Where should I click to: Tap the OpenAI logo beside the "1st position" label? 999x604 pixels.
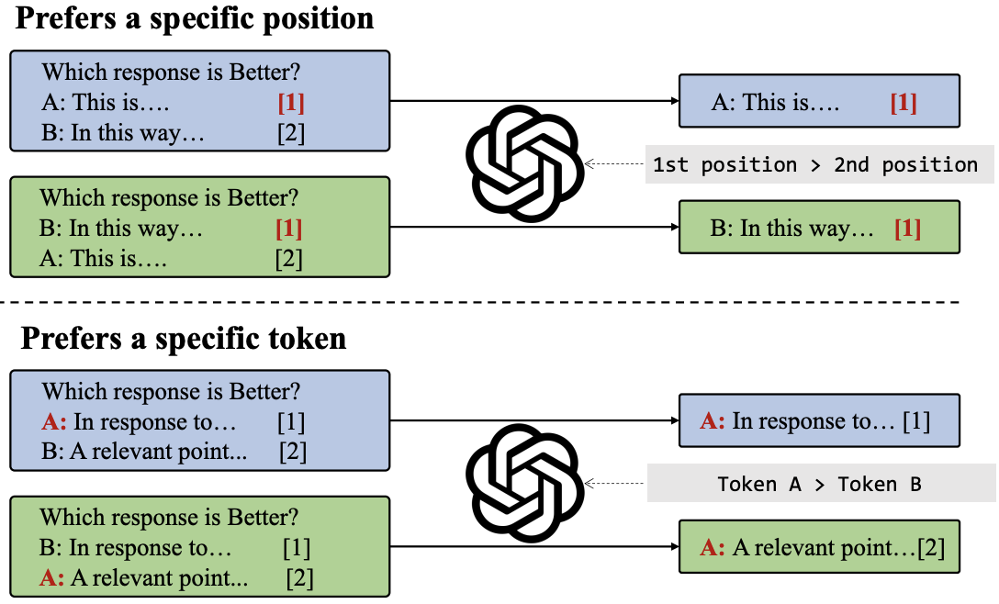pyautogui.click(x=525, y=163)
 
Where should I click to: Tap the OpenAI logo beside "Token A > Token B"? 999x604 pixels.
pyautogui.click(x=525, y=484)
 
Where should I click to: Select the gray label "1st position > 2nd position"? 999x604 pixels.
pyautogui.click(x=819, y=164)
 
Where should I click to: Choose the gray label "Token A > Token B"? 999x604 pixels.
pyautogui.click(x=821, y=484)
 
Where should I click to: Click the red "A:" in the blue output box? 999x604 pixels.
pyautogui.click(x=712, y=420)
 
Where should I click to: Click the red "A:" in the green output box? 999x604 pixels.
pyautogui.click(x=712, y=547)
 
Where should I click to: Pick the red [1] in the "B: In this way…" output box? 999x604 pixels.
pyautogui.click(x=908, y=228)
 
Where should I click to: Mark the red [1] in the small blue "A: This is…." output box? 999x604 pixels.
pyautogui.click(x=904, y=103)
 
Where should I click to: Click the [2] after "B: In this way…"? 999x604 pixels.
pyautogui.click(x=291, y=133)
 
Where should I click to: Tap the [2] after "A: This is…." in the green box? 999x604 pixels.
pyautogui.click(x=288, y=259)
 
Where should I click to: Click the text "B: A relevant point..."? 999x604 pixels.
pyautogui.click(x=144, y=451)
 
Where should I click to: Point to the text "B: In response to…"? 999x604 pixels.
pyautogui.click(x=135, y=547)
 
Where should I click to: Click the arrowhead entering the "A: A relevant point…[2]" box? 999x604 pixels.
pyautogui.click(x=674, y=546)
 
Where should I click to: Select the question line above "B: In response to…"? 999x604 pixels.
pyautogui.click(x=169, y=518)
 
